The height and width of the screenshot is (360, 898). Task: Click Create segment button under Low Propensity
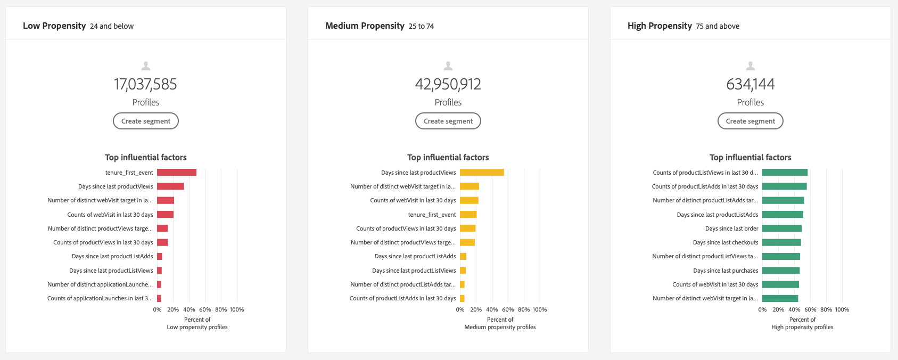(146, 121)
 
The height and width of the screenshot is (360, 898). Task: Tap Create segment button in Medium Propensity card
(448, 121)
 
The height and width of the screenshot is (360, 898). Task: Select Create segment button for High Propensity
(751, 121)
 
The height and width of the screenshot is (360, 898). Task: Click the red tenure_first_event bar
(177, 173)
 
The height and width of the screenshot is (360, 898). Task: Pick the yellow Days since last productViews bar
(482, 173)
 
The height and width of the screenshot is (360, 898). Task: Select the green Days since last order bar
(781, 228)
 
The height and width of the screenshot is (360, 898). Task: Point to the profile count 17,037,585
(145, 84)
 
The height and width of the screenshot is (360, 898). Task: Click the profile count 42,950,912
(448, 84)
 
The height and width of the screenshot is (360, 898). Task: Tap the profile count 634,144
(751, 84)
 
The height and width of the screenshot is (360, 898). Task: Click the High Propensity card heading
(660, 26)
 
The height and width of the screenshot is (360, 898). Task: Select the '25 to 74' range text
(421, 26)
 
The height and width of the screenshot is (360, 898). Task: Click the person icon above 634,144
(751, 66)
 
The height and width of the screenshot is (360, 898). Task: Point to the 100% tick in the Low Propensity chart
(237, 309)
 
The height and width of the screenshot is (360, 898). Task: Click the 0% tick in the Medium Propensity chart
(460, 309)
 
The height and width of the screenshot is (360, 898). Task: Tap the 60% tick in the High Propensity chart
(810, 309)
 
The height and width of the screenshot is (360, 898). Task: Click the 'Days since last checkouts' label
(726, 242)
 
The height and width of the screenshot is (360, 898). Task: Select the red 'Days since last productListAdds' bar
(160, 256)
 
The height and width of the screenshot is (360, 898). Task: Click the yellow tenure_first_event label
(432, 215)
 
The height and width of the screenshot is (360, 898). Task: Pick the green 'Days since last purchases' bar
(781, 271)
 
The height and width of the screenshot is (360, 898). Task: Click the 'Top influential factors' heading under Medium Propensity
(448, 157)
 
